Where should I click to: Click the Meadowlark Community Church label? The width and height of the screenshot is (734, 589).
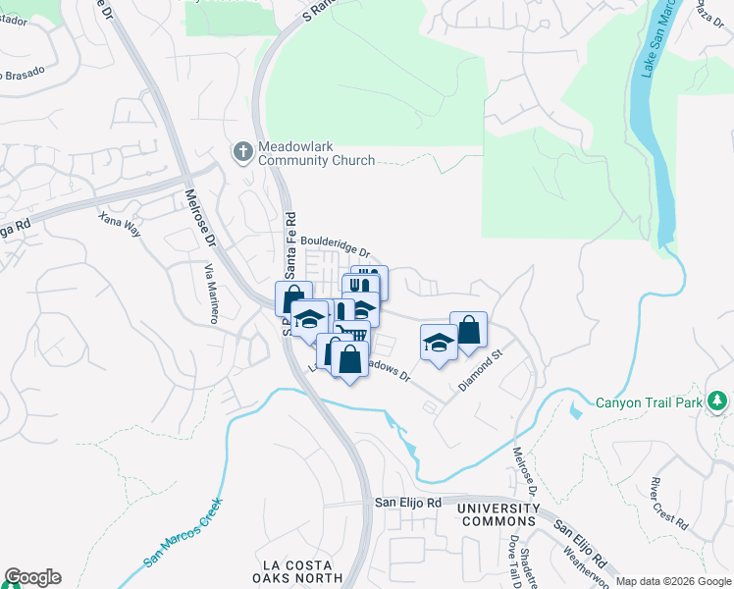pyautogui.click(x=316, y=153)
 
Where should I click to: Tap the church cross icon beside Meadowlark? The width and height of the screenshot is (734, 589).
pyautogui.click(x=242, y=152)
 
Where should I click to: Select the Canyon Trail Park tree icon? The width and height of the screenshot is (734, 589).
pyautogui.click(x=718, y=401)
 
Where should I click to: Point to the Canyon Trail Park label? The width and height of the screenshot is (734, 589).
pyautogui.click(x=650, y=402)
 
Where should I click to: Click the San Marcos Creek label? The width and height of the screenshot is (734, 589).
pyautogui.click(x=184, y=532)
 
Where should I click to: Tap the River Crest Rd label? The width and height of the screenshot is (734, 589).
pyautogui.click(x=671, y=501)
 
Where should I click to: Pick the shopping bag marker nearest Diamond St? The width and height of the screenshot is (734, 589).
pyautogui.click(x=469, y=330)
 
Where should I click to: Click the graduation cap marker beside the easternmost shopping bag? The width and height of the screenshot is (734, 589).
pyautogui.click(x=438, y=342)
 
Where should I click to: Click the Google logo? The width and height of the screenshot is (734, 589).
pyautogui.click(x=32, y=577)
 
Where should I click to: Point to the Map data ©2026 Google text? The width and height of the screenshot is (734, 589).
pyautogui.click(x=673, y=581)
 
